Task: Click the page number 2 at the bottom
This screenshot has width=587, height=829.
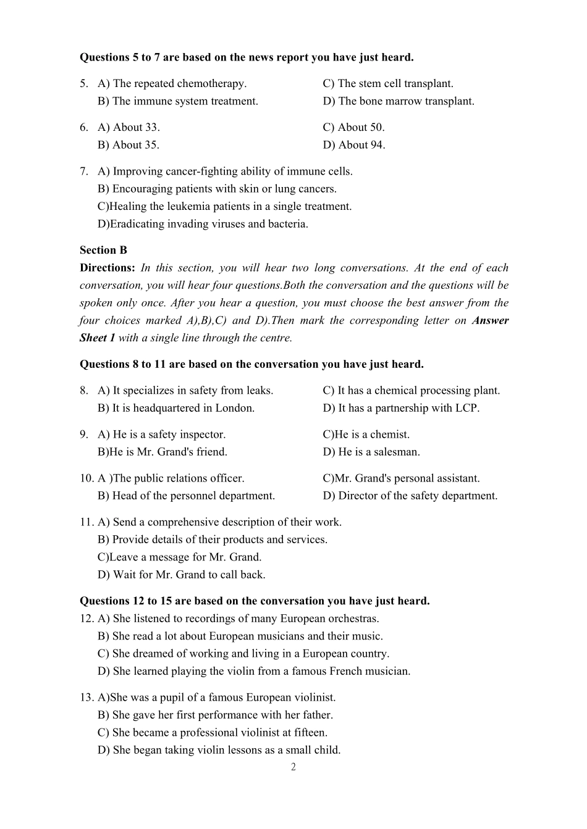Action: point(293,767)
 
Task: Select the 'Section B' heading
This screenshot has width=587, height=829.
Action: point(103,250)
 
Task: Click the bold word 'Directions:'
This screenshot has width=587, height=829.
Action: point(107,268)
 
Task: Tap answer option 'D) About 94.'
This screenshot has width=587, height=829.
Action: point(353,145)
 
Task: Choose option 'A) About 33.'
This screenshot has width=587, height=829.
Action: point(129,128)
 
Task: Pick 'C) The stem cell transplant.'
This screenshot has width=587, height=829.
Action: point(387,84)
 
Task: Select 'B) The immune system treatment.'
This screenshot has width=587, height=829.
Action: point(177,101)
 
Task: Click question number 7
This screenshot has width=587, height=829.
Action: point(83,172)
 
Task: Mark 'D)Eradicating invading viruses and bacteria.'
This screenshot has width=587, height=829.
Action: point(203,224)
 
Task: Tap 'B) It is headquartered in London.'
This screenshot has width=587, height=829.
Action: point(175,408)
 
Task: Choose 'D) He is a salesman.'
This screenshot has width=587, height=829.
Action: point(371,452)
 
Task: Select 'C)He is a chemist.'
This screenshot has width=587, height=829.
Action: point(366,435)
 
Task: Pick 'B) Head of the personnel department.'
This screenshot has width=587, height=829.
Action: point(186,496)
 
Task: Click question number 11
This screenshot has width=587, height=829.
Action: point(86,522)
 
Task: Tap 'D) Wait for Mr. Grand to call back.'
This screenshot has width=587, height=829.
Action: point(181,575)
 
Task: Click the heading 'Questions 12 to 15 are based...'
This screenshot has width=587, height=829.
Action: point(255,601)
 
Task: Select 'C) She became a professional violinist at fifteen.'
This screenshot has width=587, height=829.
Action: point(212,733)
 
